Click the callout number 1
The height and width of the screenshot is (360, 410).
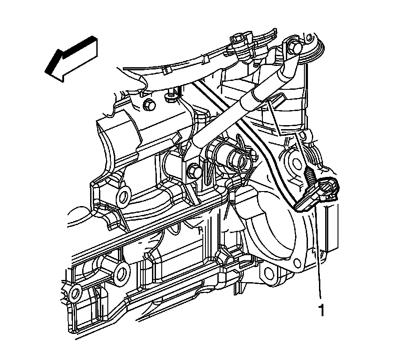[x=321, y=310]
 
